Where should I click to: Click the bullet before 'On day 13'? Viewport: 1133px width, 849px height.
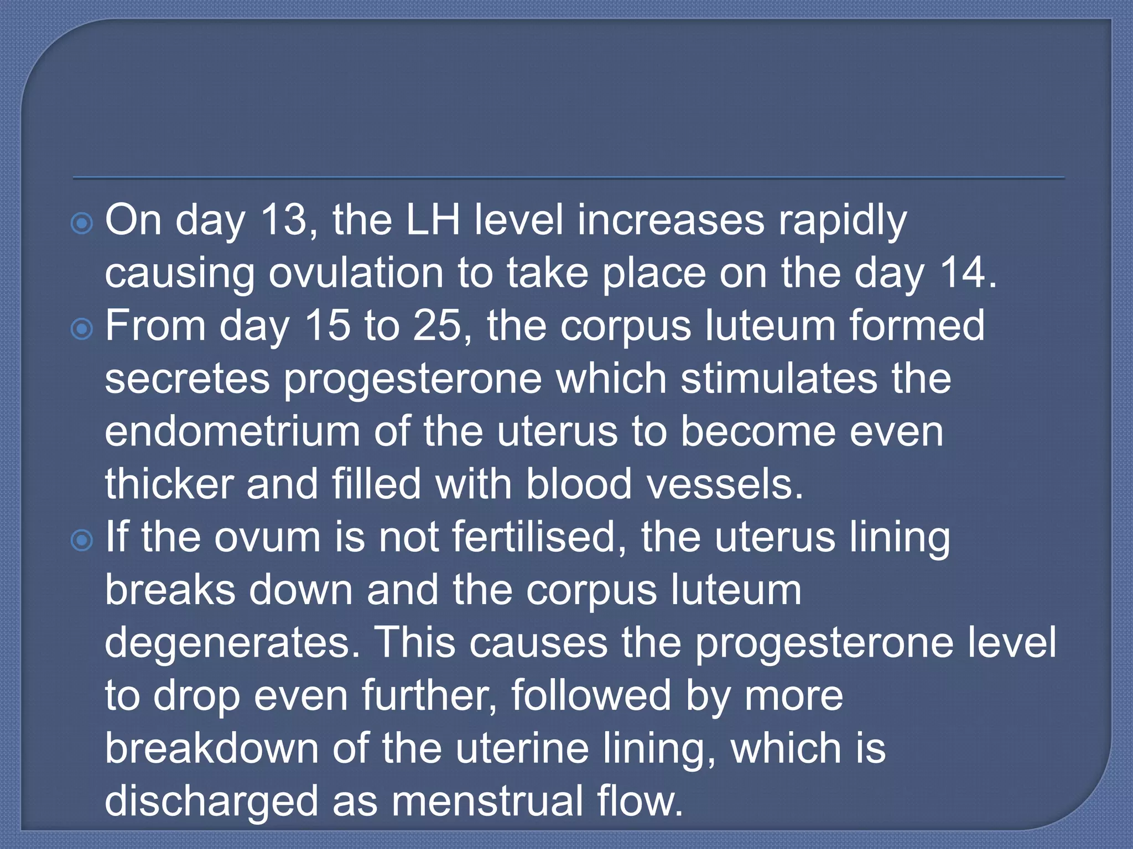pyautogui.click(x=82, y=224)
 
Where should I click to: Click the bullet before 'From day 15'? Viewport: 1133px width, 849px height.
pyautogui.click(x=82, y=329)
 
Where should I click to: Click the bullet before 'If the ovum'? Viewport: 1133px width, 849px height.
pyautogui.click(x=82, y=541)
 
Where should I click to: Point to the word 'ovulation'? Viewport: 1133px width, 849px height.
pyautogui.click(x=356, y=273)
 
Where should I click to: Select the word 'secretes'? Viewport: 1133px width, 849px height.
pyautogui.click(x=188, y=379)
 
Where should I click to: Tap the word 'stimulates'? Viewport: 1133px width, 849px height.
pyautogui.click(x=779, y=379)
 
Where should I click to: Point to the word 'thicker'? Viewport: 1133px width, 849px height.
pyautogui.click(x=169, y=484)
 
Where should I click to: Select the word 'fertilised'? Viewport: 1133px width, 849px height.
pyautogui.click(x=533, y=537)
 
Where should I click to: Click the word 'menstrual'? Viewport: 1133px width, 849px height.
pyautogui.click(x=487, y=801)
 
